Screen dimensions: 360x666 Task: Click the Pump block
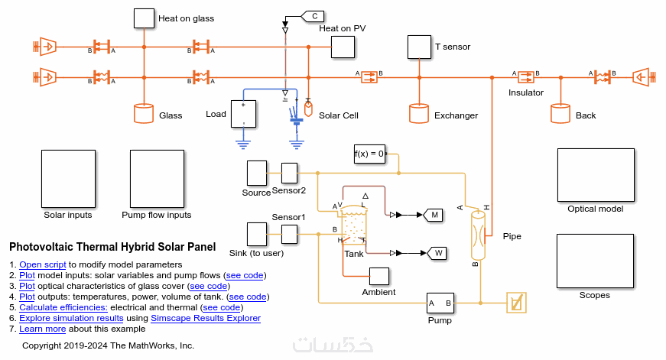[x=440, y=303]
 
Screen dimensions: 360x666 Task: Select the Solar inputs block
[x=68, y=178]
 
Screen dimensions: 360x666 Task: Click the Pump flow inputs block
[x=157, y=178]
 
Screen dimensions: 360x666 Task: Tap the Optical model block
[x=595, y=175]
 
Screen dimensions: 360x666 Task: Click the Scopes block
[x=595, y=261]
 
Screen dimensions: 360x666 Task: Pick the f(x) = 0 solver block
[x=369, y=154]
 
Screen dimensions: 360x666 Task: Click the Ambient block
[x=379, y=276]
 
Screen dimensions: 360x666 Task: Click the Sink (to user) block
[x=256, y=234]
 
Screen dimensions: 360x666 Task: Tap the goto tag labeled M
[x=434, y=215]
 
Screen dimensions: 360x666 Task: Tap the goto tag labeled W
[x=438, y=252]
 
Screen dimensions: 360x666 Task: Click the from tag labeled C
[x=314, y=15]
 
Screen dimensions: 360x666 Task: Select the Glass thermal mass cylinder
[x=143, y=114]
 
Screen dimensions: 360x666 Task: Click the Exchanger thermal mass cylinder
[x=418, y=114]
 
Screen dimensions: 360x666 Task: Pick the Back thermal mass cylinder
[x=560, y=114]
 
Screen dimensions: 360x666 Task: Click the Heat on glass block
[x=144, y=18]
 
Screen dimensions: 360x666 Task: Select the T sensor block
[x=419, y=47]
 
